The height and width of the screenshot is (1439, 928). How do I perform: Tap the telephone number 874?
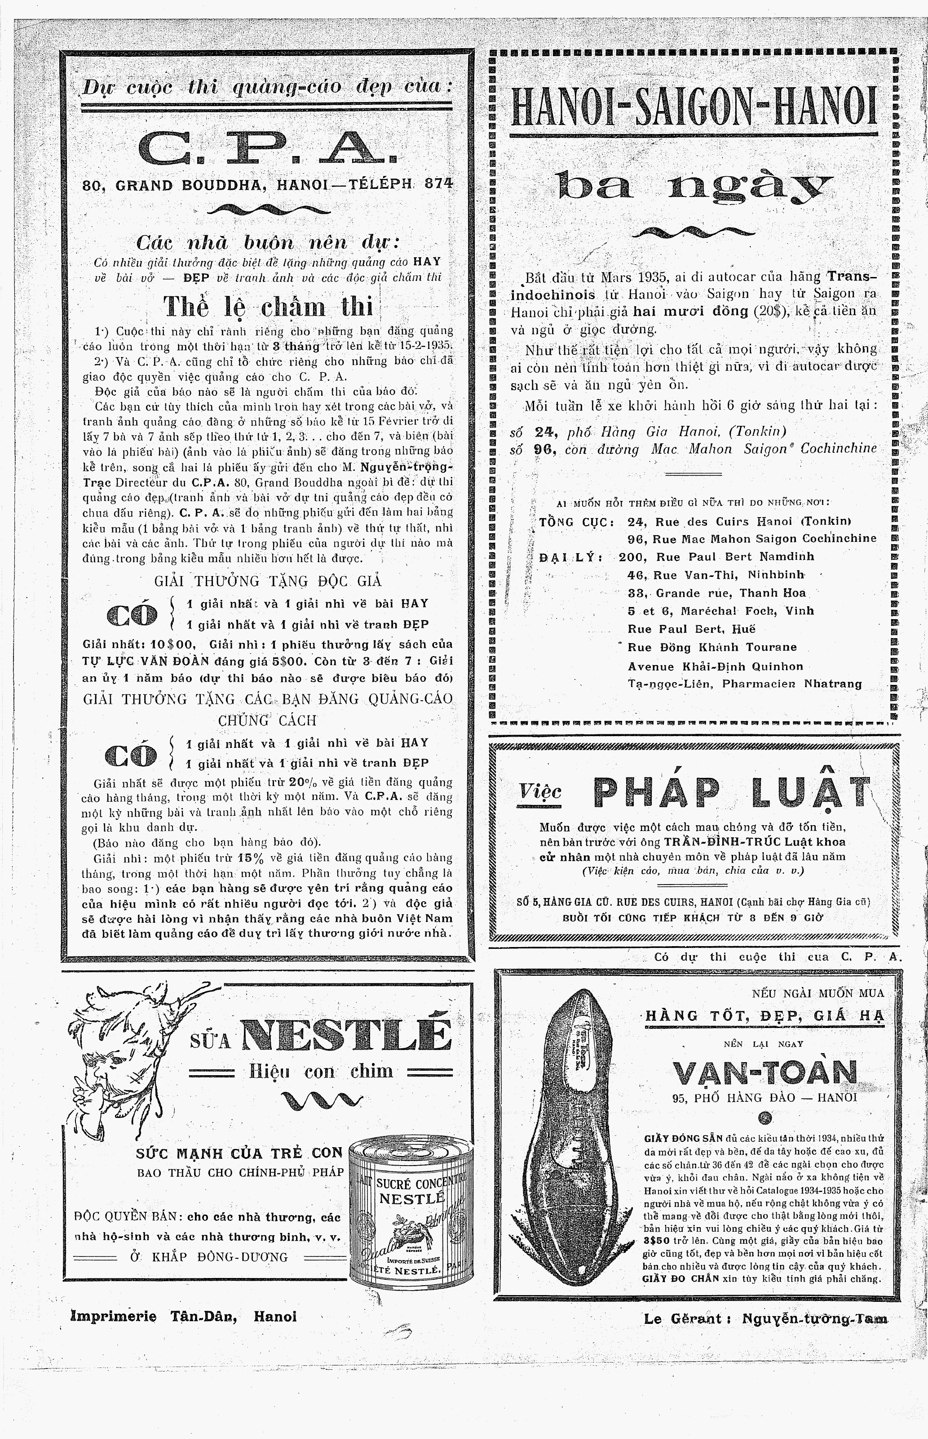coord(438,184)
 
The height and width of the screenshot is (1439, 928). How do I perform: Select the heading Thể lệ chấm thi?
coord(269,307)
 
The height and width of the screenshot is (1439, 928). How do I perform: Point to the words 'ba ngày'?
coord(694,187)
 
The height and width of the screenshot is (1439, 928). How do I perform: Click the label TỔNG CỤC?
coord(576,522)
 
